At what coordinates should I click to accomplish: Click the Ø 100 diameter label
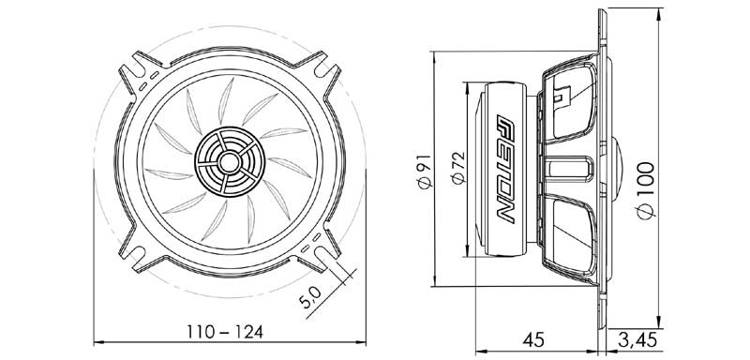[646, 187]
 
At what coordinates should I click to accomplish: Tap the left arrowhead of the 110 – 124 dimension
[101, 342]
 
